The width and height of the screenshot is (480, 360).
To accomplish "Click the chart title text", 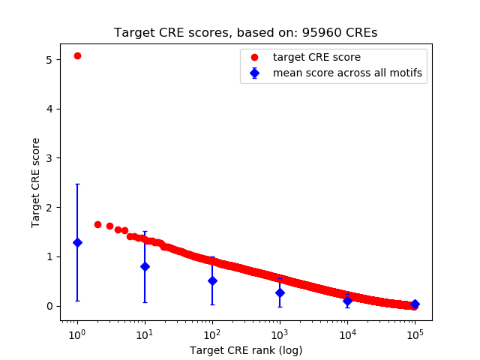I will (x=245, y=33).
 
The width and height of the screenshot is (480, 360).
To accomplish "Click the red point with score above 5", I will (x=77, y=56).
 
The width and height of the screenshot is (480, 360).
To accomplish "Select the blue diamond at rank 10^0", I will (x=77, y=242).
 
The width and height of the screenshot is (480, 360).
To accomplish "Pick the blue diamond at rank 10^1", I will (x=145, y=266).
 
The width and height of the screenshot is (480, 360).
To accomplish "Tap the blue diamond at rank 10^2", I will (x=212, y=280).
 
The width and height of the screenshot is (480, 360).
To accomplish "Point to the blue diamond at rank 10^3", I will (x=280, y=292).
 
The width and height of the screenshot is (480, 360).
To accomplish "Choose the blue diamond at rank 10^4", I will (x=347, y=300).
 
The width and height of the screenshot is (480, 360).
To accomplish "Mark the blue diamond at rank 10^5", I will (x=415, y=304).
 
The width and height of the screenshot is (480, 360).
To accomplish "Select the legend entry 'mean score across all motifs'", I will (x=347, y=73).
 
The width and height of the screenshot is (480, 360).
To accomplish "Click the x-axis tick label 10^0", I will (x=77, y=334).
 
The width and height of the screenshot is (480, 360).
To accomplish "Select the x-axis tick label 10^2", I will (x=212, y=334).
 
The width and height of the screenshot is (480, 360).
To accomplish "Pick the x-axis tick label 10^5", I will (x=415, y=334).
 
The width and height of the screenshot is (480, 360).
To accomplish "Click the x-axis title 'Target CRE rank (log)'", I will (x=245, y=349).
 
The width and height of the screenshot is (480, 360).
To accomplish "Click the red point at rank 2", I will (x=97, y=224).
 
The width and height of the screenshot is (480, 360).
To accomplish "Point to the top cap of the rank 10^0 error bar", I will (x=77, y=184).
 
